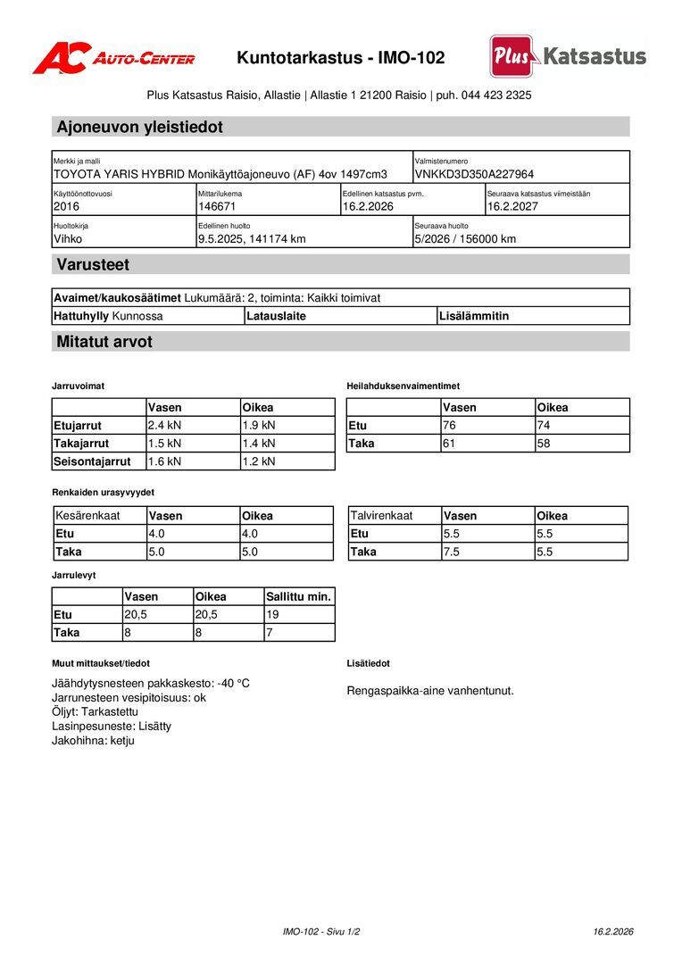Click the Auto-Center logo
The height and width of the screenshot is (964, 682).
[x=113, y=58]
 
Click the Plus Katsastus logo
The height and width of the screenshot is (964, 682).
[x=568, y=56]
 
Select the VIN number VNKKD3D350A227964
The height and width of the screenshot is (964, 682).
[x=474, y=174]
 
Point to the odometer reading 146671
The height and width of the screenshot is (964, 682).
[x=216, y=206]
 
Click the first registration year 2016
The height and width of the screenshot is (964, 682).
[x=66, y=206]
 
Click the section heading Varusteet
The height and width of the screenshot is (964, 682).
[x=93, y=264]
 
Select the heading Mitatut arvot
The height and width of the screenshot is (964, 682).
[x=104, y=342]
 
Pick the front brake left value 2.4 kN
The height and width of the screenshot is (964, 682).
[x=164, y=425]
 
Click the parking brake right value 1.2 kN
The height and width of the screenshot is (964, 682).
[x=259, y=461]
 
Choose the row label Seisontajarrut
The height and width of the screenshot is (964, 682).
[x=92, y=461]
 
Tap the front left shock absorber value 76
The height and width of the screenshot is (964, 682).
[x=450, y=425]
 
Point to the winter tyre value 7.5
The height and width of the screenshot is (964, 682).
[x=452, y=552]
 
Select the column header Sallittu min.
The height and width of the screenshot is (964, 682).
[x=298, y=596]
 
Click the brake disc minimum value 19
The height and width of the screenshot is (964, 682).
[x=273, y=614]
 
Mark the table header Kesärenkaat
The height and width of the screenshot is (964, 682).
[x=87, y=515]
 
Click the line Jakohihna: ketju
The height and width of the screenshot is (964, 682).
[x=93, y=740]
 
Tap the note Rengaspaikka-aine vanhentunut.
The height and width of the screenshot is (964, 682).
[x=429, y=690]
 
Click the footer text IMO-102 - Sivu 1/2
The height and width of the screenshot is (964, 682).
[x=321, y=931]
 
